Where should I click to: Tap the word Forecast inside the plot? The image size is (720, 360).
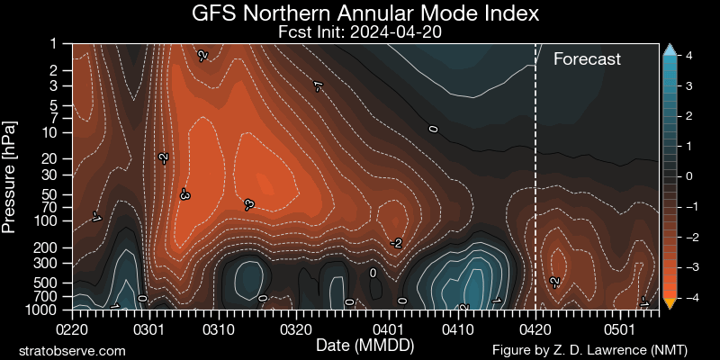tap(587, 59)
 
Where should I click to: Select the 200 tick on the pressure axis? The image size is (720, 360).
tap(50, 247)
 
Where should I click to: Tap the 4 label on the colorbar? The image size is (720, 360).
tap(688, 56)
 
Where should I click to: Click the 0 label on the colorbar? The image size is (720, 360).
tap(688, 176)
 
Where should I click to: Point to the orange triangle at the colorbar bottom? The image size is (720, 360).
tap(669, 303)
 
